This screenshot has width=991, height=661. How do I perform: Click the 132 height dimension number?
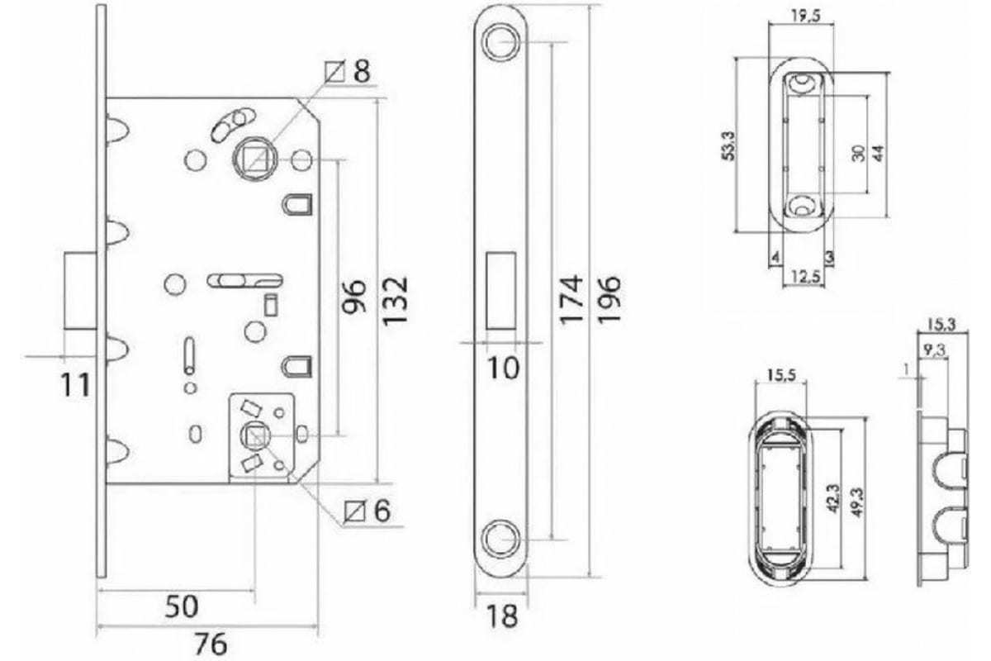pyautogui.click(x=395, y=302)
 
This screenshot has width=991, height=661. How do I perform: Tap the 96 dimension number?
pyautogui.click(x=354, y=297)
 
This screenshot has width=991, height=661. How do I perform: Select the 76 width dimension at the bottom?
pyautogui.click(x=211, y=644)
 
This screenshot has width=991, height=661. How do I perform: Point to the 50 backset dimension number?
pyautogui.click(x=182, y=606)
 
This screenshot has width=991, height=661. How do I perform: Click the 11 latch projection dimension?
pyautogui.click(x=75, y=385)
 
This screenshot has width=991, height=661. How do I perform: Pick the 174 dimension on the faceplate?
pyautogui.click(x=571, y=300)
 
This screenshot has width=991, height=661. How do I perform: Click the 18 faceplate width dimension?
pyautogui.click(x=501, y=616)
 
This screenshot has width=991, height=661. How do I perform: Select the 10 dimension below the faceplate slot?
pyautogui.click(x=503, y=368)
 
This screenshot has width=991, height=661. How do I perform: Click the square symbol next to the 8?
pyautogui.click(x=335, y=72)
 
